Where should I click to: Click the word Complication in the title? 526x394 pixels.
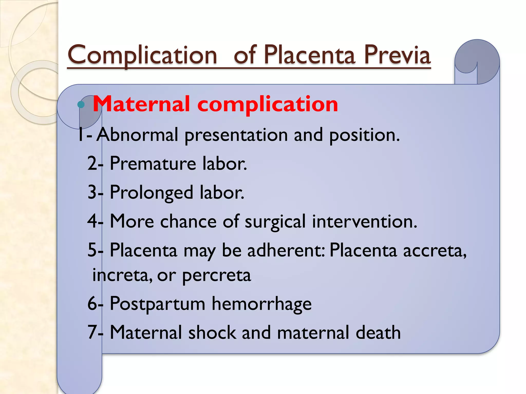click(x=143, y=55)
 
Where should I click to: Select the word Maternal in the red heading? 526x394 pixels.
click(x=141, y=104)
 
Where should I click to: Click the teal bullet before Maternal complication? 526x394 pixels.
click(x=81, y=104)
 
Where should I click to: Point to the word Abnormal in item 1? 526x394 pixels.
click(x=137, y=135)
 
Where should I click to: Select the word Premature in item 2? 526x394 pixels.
click(x=153, y=163)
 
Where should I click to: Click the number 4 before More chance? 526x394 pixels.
click(x=92, y=221)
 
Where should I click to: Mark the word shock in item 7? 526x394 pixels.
click(x=212, y=332)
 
